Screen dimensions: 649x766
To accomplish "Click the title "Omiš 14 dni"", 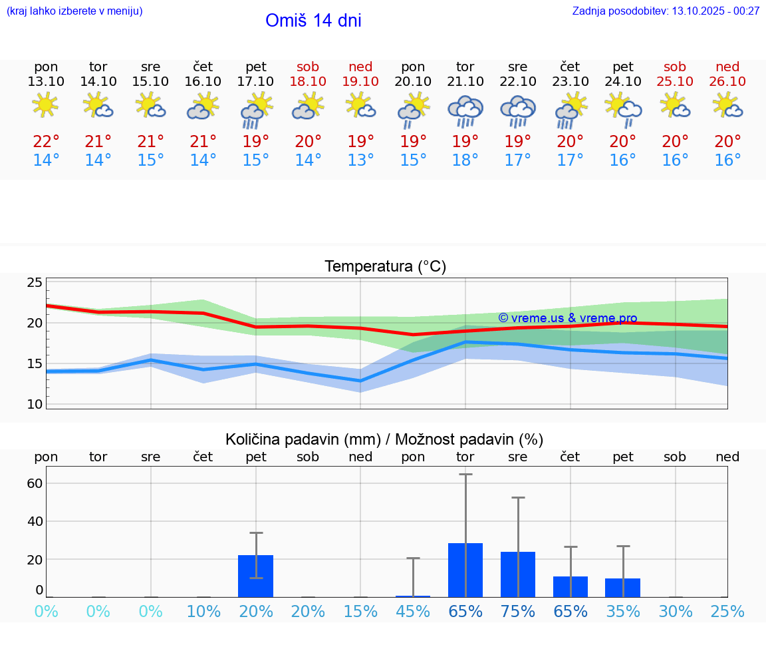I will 313,21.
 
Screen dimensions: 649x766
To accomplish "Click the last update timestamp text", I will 666,11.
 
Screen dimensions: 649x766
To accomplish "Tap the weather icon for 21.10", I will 465,110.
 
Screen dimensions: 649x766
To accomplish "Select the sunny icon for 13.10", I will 46,105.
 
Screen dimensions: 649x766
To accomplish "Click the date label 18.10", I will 308,82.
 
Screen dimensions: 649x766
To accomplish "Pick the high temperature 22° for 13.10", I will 46,142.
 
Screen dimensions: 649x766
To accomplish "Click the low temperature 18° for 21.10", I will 465,160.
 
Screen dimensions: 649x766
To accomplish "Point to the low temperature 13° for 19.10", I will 360,160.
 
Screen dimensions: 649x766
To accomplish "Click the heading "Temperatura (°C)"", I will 385,267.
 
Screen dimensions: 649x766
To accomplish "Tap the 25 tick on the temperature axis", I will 35,282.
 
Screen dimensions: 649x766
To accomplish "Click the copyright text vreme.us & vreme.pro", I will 567,318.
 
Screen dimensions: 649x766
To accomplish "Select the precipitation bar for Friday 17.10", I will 255,576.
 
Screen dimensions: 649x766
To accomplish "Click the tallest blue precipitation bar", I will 465,570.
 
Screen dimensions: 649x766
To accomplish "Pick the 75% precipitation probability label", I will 518,612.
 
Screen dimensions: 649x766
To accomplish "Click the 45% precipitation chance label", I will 413,612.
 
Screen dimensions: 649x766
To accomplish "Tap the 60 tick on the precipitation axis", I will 35,483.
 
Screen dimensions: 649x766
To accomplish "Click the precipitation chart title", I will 384,439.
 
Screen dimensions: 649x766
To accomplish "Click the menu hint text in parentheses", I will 74,11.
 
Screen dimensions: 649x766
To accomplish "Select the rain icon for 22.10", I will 518,110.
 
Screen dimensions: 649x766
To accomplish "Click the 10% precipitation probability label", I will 203,612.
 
